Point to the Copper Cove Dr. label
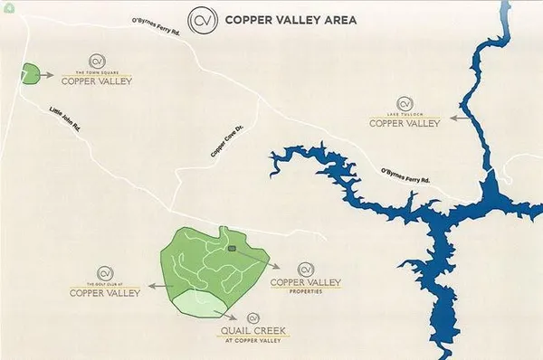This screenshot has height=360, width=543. pyautogui.click(x=226, y=142)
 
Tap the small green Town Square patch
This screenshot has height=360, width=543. pyautogui.click(x=32, y=73)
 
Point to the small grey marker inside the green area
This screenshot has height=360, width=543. pyautogui.click(x=232, y=248)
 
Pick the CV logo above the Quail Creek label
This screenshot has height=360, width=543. pyautogui.click(x=255, y=317)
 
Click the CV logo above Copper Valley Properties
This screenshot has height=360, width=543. pyautogui.click(x=306, y=269)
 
